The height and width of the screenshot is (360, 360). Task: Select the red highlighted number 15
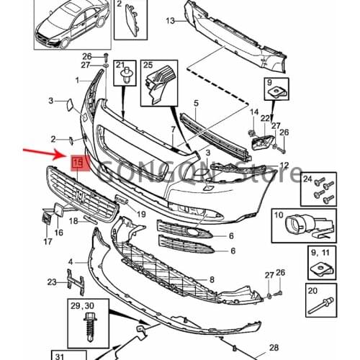77,164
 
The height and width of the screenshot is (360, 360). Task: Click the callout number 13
170,20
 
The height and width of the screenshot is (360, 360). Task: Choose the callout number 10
279,214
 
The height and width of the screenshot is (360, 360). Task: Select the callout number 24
307,179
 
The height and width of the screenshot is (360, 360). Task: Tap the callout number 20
312,291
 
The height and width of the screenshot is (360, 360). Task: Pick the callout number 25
149,66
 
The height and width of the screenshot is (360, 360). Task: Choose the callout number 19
140,214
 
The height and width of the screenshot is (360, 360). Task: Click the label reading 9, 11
318,253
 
